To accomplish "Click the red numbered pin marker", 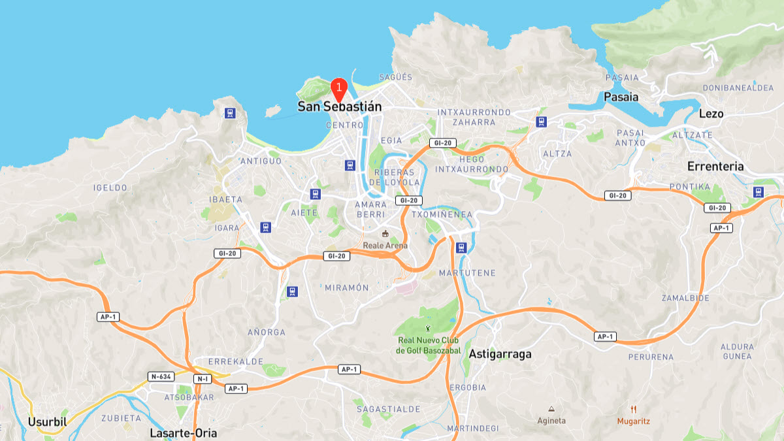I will [x=338, y=87].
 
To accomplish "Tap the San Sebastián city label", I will [x=339, y=106].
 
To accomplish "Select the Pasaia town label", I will [x=621, y=97].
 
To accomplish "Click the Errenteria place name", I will [x=715, y=166].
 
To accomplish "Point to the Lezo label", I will [x=711, y=114].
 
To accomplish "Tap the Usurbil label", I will [x=47, y=421].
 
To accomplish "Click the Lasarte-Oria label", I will [x=183, y=433].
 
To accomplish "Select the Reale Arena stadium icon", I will [x=385, y=234].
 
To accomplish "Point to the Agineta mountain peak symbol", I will [x=552, y=408].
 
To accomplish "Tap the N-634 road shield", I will [x=161, y=376].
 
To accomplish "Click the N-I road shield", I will [x=202, y=379].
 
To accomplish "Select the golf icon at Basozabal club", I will [x=428, y=329].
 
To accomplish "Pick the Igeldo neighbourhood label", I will [x=110, y=188].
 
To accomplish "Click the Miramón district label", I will [x=347, y=287].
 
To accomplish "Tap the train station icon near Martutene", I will [x=461, y=248].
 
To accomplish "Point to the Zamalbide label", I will [x=685, y=298].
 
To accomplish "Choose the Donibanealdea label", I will [x=738, y=88].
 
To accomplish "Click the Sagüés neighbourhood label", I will [x=395, y=77].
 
